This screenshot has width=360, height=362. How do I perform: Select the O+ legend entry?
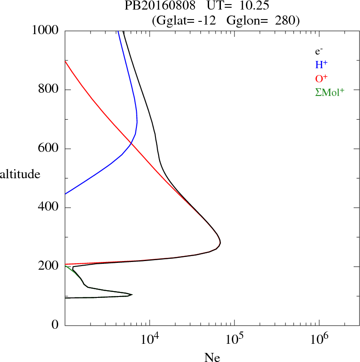pyautogui.click(x=322, y=79)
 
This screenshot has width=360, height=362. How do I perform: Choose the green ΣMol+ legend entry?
pyautogui.click(x=330, y=92)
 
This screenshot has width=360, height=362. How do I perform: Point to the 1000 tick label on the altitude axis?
pyautogui.click(x=46, y=30)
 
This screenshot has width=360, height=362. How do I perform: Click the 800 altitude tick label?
pyautogui.click(x=49, y=90)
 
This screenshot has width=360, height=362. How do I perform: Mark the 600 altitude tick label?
pyautogui.click(x=49, y=149)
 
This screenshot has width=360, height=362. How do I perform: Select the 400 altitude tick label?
pyautogui.click(x=49, y=208)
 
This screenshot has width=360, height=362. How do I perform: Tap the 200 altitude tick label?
pyautogui.click(x=49, y=266)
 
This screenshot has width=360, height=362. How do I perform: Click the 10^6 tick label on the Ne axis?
pyautogui.click(x=319, y=340)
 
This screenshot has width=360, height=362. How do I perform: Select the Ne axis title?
pyautogui.click(x=212, y=357)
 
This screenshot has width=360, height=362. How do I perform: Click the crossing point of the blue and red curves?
pyautogui.click(x=131, y=144)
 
